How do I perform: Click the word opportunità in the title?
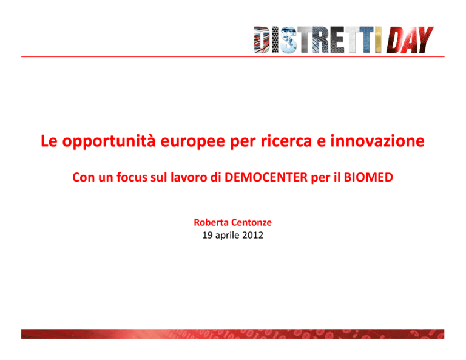pyautogui.click(x=109, y=141)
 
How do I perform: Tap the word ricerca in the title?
pyautogui.click(x=286, y=141)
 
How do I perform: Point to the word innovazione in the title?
pyautogui.click(x=377, y=141)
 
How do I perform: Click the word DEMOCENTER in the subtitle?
pyautogui.click(x=266, y=177)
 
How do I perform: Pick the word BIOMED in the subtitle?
pyautogui.click(x=368, y=177)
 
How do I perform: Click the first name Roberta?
pyautogui.click(x=211, y=222)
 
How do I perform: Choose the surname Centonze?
pyautogui.click(x=251, y=222)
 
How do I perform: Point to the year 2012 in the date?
pyautogui.click(x=252, y=235)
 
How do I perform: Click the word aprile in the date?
pyautogui.click(x=227, y=236)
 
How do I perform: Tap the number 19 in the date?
pyautogui.click(x=207, y=235)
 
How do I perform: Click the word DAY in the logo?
pyautogui.click(x=410, y=40)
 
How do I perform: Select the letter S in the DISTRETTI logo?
pyautogui.click(x=288, y=40)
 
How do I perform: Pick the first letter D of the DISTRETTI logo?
pyautogui.click(x=262, y=40)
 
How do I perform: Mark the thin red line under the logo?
pyautogui.click(x=233, y=56)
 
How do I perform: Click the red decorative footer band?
pyautogui.click(x=233, y=334)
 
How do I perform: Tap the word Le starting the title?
pyautogui.click(x=49, y=141)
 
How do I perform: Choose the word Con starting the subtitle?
pyautogui.click(x=84, y=177)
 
